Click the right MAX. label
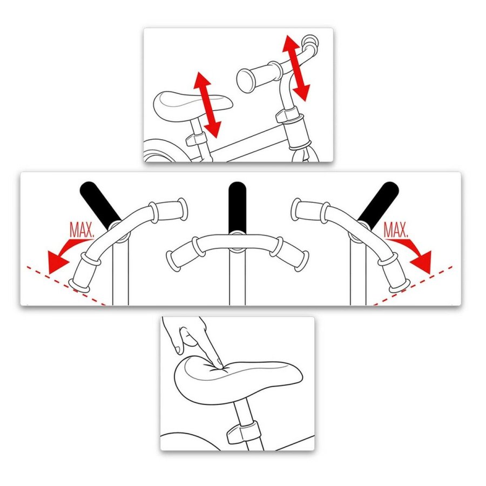click(x=396, y=230)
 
